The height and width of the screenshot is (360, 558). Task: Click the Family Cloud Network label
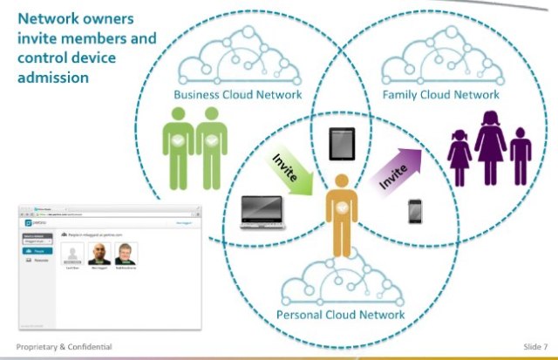pos(442,94)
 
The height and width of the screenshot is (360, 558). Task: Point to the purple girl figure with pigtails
pos(459,158)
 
